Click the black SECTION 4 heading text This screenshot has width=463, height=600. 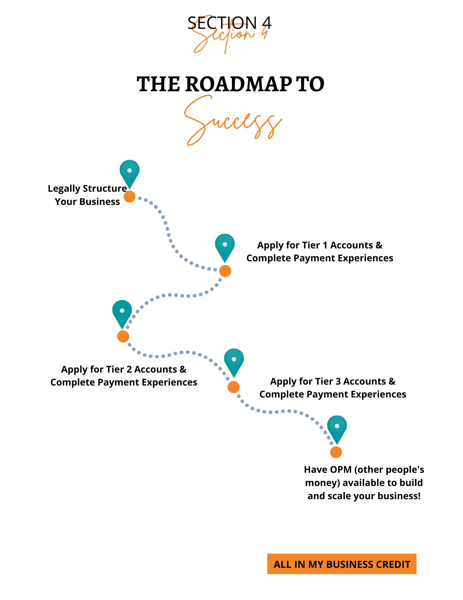[x=229, y=22]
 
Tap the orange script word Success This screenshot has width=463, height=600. [x=232, y=121]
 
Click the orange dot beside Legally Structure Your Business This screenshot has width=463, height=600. [x=129, y=196]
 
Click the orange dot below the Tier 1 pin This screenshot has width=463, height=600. [x=225, y=271]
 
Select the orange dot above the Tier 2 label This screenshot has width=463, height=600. [x=123, y=336]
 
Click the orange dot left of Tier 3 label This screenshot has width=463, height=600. [x=233, y=387]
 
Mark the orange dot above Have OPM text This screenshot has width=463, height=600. [x=336, y=452]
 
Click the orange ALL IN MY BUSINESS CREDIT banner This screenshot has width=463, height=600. [x=342, y=564]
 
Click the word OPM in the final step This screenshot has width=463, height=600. [x=340, y=469]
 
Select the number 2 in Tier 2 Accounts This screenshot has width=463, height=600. [x=129, y=370]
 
